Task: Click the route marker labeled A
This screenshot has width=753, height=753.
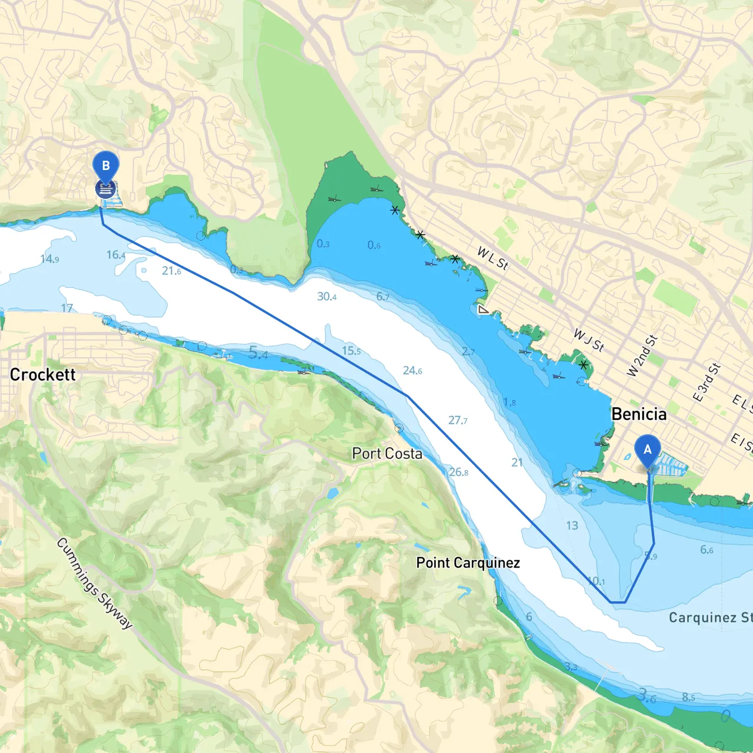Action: pos(648,451)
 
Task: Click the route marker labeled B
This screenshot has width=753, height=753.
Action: pos(106,166)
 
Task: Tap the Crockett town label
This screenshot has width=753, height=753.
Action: pos(43,375)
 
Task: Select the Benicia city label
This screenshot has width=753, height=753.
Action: pos(639,414)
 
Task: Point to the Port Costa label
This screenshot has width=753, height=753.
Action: pos(387,454)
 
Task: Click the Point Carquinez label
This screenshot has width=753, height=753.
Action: pos(468,563)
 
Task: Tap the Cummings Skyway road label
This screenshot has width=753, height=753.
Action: pos(95,582)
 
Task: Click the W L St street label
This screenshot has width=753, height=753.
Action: pos(492,258)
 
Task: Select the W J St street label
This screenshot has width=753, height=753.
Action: pos(589,341)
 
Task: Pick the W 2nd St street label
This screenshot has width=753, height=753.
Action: pos(642,356)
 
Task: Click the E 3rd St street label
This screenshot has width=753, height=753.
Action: pos(707,382)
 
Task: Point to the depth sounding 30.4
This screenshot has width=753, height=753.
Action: pos(326,296)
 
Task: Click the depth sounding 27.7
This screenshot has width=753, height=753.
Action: pos(458,421)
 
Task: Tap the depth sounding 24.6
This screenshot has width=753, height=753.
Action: pos(412,371)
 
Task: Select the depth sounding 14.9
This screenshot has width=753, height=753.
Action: pos(49,259)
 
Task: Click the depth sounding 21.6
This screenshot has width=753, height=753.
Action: pos(171,271)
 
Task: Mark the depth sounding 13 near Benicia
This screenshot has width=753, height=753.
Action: pos(572,525)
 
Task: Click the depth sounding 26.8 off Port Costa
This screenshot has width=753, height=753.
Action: pos(458,472)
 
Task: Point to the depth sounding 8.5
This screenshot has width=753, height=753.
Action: pos(688,697)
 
